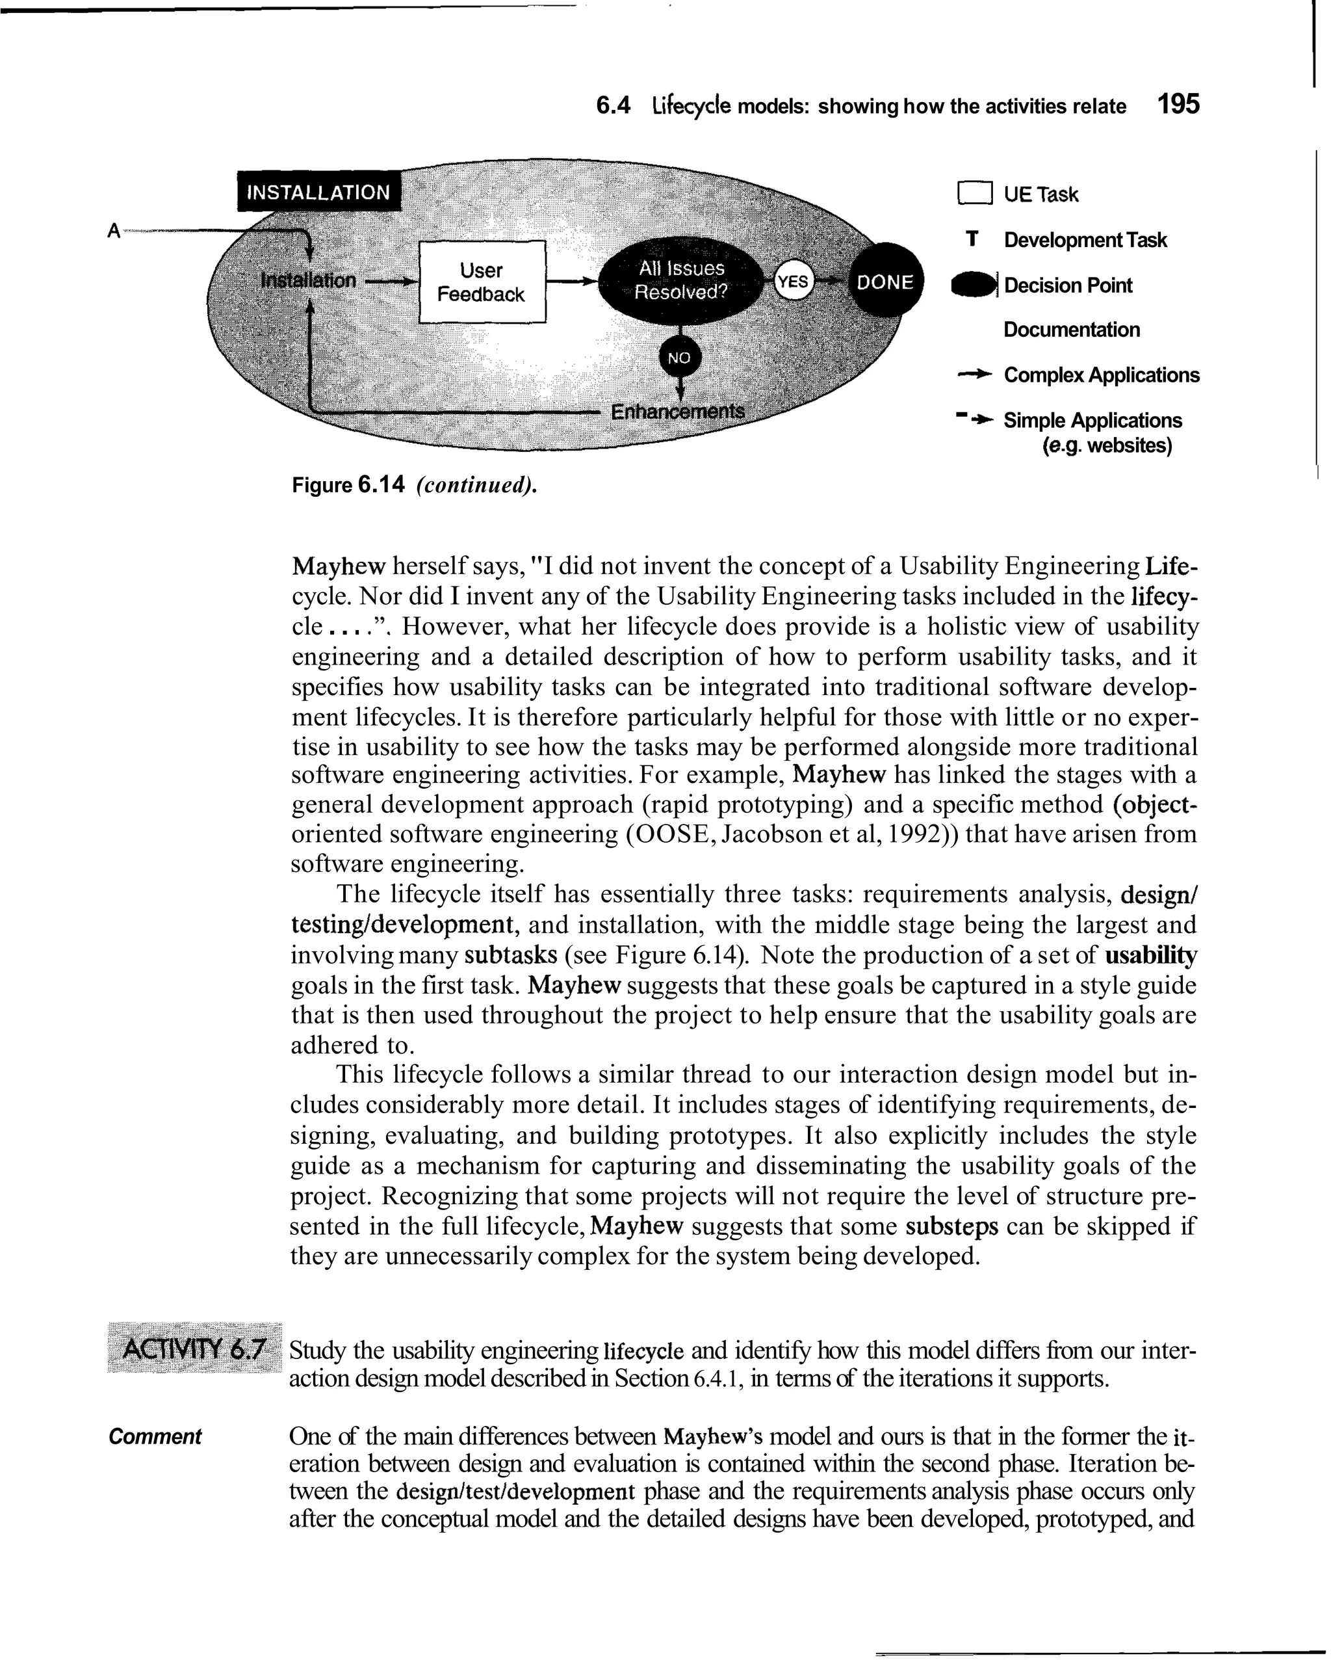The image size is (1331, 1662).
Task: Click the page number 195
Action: click(x=1178, y=105)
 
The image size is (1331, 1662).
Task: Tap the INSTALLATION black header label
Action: click(x=318, y=192)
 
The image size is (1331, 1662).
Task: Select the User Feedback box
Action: click(x=482, y=282)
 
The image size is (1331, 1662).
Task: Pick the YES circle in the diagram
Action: click(x=793, y=282)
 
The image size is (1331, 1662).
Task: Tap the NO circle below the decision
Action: click(x=678, y=358)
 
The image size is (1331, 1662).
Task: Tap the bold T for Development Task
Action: click(x=973, y=240)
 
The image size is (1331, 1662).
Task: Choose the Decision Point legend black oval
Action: click(x=974, y=285)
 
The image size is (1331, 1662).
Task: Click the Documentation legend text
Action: click(x=1071, y=330)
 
